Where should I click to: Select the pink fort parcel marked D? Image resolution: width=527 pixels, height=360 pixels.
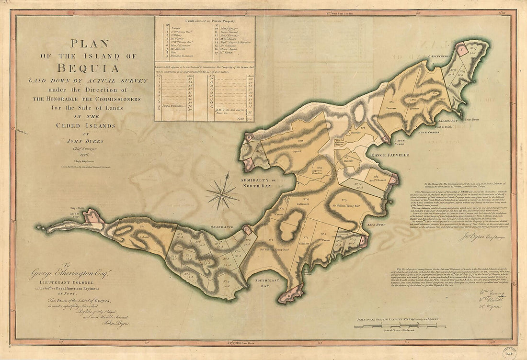pos(393,180)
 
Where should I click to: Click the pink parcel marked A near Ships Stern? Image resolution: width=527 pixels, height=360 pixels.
pos(93,218)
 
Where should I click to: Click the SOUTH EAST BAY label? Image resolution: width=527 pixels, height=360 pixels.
pos(263,282)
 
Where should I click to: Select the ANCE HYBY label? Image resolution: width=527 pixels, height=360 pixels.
pos(376,224)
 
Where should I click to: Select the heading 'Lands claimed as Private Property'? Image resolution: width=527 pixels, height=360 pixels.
pos(205,20)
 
